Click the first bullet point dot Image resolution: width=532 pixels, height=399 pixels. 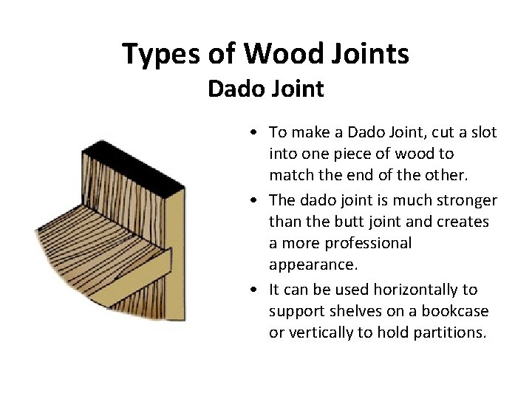[253, 133]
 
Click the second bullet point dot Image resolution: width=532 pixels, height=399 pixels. [253, 201]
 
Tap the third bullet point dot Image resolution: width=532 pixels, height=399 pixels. [253, 290]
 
